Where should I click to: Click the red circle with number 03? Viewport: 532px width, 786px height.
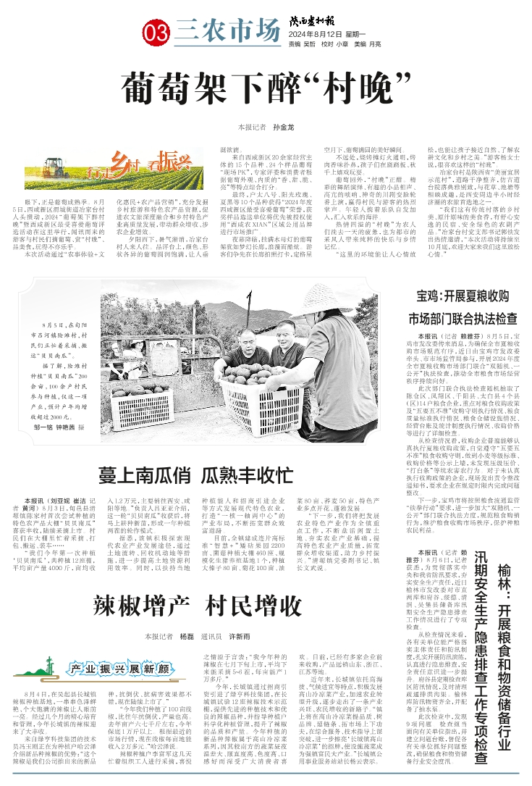coord(157,32)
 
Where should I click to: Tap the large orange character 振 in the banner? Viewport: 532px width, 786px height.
coord(167,159)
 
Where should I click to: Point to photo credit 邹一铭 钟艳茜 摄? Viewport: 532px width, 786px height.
coord(60,429)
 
